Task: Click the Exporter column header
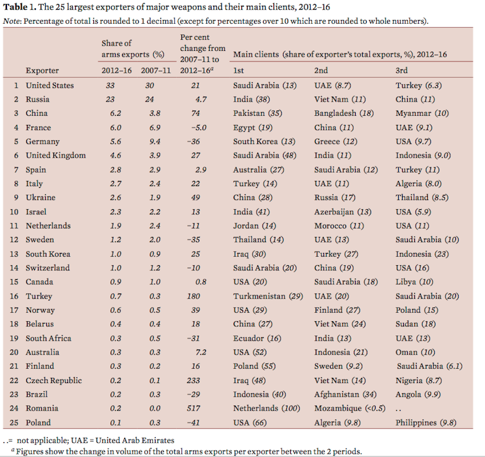pyautogui.click(x=42, y=70)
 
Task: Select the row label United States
pyautogui.click(x=50, y=85)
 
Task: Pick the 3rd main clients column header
pyautogui.click(x=402, y=70)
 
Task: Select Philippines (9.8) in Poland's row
pyautogui.click(x=425, y=422)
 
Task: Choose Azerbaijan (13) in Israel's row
pyautogui.click(x=342, y=212)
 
